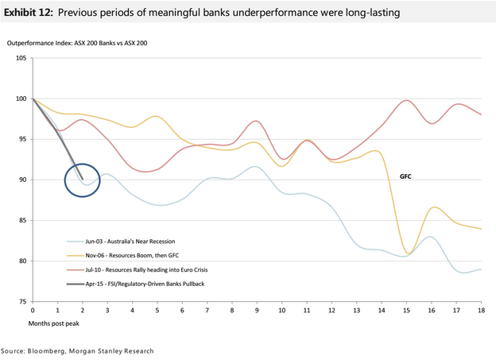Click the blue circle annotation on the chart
click(x=82, y=180)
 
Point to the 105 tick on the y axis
click(x=21, y=59)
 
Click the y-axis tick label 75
click(x=22, y=302)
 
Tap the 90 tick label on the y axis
click(x=22, y=180)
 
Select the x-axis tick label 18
click(x=482, y=311)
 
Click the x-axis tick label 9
click(x=256, y=311)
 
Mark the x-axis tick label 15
click(x=406, y=311)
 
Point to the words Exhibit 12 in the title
click(x=29, y=14)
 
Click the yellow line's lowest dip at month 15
click(x=409, y=254)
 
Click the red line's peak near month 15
click(x=407, y=100)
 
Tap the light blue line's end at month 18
click(x=481, y=269)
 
